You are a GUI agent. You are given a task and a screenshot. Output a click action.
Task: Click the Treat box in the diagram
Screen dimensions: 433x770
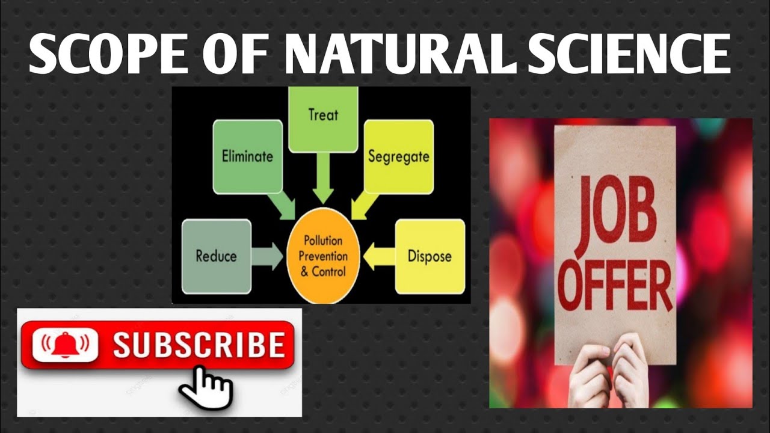(323, 118)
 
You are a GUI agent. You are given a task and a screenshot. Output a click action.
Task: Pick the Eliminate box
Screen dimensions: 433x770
(247, 156)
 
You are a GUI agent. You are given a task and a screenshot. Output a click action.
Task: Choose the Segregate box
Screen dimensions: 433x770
(398, 156)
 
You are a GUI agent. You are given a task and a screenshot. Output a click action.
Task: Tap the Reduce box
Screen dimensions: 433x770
(216, 256)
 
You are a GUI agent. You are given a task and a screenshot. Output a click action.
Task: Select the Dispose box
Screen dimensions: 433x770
(430, 256)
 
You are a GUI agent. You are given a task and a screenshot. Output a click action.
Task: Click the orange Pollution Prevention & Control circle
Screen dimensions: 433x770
(323, 256)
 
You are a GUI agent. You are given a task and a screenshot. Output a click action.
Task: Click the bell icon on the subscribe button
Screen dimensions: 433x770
(64, 345)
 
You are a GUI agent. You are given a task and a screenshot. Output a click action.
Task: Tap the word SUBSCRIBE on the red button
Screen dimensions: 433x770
(199, 345)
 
